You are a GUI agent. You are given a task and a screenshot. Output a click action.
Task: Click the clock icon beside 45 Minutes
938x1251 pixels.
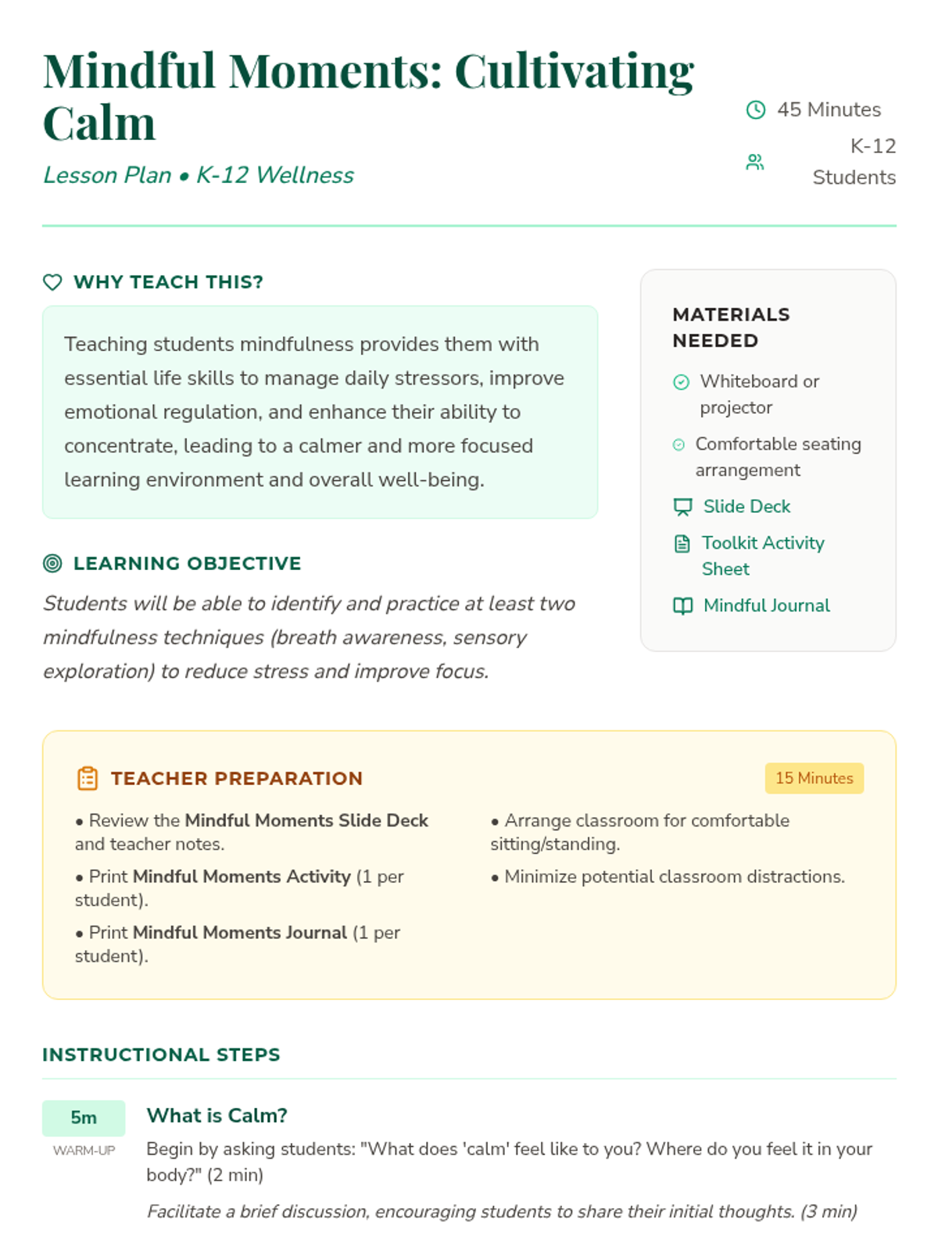pyautogui.click(x=755, y=109)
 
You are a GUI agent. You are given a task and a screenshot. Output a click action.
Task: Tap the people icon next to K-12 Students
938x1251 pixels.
pyautogui.click(x=754, y=162)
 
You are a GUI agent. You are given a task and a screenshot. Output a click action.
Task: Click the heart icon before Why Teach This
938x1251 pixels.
pyautogui.click(x=52, y=282)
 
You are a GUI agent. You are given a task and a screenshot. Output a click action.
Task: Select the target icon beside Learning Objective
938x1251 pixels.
pyautogui.click(x=52, y=563)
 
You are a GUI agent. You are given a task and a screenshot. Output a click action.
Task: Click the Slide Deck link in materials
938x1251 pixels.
pyautogui.click(x=746, y=507)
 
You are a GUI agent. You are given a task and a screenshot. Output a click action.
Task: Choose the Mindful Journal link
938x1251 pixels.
pyautogui.click(x=766, y=605)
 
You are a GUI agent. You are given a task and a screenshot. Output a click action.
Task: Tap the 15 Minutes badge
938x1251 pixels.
pyautogui.click(x=814, y=778)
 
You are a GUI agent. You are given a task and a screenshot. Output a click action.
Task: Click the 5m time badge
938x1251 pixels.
pyautogui.click(x=84, y=1117)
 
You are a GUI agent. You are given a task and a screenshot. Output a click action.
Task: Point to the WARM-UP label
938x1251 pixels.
pyautogui.click(x=84, y=1150)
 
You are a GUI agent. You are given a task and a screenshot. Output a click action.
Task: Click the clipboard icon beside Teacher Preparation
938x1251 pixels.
pyautogui.click(x=88, y=778)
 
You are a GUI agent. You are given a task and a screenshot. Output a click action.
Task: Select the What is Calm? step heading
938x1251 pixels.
pyautogui.click(x=217, y=1115)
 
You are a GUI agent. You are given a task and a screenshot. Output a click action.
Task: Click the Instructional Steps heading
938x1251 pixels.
pyautogui.click(x=161, y=1055)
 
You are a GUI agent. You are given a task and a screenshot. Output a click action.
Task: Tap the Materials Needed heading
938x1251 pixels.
pyautogui.click(x=731, y=328)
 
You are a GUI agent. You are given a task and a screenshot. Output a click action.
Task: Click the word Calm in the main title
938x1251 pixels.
pyautogui.click(x=99, y=124)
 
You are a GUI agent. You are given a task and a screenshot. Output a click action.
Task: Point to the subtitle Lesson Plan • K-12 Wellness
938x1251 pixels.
pyautogui.click(x=199, y=175)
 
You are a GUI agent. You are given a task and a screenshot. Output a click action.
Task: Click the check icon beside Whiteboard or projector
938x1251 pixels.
pyautogui.click(x=682, y=382)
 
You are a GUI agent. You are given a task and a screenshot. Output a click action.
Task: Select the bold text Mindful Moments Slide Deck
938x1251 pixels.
pyautogui.click(x=306, y=820)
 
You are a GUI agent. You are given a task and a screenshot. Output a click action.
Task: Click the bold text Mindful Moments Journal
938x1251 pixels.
pyautogui.click(x=240, y=932)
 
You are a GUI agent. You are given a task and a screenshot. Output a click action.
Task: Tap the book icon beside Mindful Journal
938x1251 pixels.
pyautogui.click(x=682, y=606)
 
